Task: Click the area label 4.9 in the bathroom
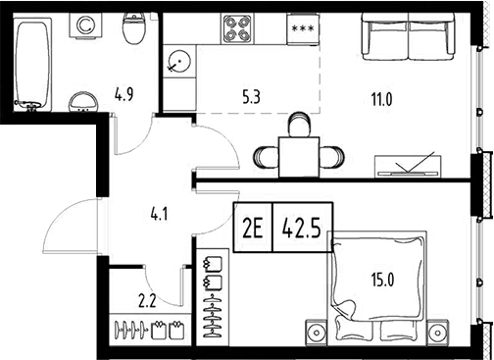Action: pyautogui.click(x=123, y=95)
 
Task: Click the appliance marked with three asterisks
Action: pyautogui.click(x=303, y=29)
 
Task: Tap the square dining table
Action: pyautogui.click(x=299, y=154)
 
